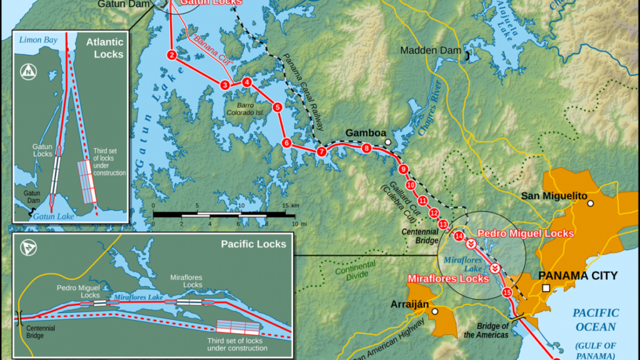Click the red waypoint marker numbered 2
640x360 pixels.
171,55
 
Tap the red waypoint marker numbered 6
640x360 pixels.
286,143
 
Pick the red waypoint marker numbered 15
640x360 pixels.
507,292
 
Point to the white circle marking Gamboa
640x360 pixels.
388,142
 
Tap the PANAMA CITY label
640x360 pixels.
577,276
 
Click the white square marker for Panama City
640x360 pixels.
546,288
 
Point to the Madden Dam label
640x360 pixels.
431,50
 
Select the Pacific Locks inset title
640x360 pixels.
253,244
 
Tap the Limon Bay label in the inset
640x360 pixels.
38,40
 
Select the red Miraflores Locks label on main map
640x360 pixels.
447,279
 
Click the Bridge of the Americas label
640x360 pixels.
487,331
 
